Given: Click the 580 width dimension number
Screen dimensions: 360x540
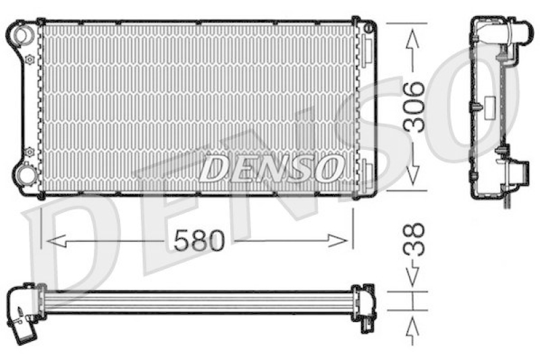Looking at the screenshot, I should coord(198,240).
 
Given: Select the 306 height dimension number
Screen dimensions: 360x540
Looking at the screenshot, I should coord(414,107).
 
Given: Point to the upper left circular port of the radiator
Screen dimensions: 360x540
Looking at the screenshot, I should coord(25,34).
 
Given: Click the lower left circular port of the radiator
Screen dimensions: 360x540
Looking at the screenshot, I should coord(26,176).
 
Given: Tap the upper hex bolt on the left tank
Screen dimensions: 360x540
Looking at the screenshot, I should coord(29,59).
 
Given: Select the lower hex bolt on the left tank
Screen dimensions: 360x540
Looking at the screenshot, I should coord(29,152).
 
